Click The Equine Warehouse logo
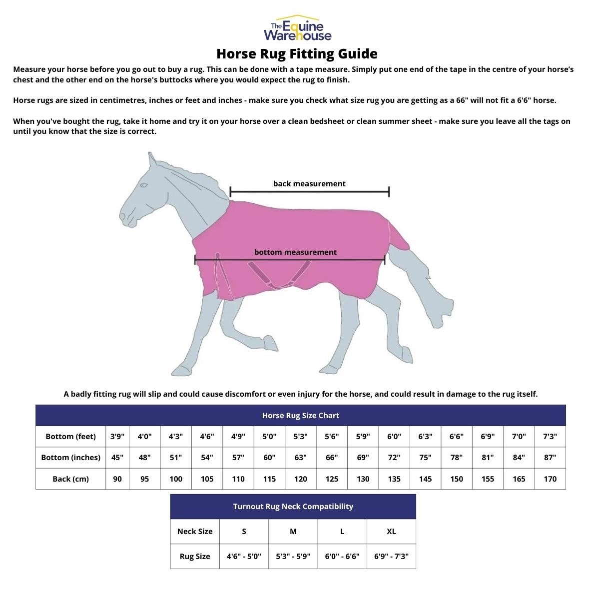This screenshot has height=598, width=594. [297, 28]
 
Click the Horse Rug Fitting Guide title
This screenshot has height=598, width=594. [297, 53]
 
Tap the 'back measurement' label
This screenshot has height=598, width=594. [309, 183]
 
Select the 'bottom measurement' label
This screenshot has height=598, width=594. [295, 252]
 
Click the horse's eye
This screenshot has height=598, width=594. [143, 186]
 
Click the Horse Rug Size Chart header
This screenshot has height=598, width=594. [300, 415]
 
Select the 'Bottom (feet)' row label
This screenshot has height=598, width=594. [70, 436]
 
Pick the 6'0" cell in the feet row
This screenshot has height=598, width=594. [394, 436]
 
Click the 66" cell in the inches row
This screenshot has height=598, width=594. [332, 457]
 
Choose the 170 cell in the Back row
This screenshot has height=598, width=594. [550, 479]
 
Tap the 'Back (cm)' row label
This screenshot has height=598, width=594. [70, 479]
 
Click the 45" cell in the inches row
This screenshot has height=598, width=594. [117, 457]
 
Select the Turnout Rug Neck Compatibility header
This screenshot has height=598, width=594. [293, 506]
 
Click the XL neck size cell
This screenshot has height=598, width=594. [391, 531]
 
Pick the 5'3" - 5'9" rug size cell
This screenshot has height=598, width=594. [293, 556]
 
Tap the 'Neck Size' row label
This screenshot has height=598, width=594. [195, 531]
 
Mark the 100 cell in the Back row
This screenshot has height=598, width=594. [176, 479]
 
